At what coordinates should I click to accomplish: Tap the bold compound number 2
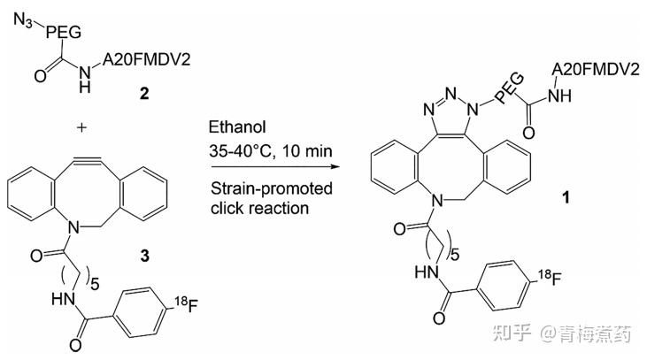144,94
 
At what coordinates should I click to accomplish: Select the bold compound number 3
144,256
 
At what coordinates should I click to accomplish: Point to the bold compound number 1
566,197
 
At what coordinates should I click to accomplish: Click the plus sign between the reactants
81,127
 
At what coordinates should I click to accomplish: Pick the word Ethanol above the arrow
237,127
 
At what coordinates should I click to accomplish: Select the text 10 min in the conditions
307,151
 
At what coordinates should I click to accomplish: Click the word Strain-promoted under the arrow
272,188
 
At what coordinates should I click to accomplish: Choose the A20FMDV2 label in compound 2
147,60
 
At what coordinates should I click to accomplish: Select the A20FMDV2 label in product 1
596,69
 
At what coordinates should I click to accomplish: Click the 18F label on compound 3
186,304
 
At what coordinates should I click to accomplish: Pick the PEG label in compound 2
63,32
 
